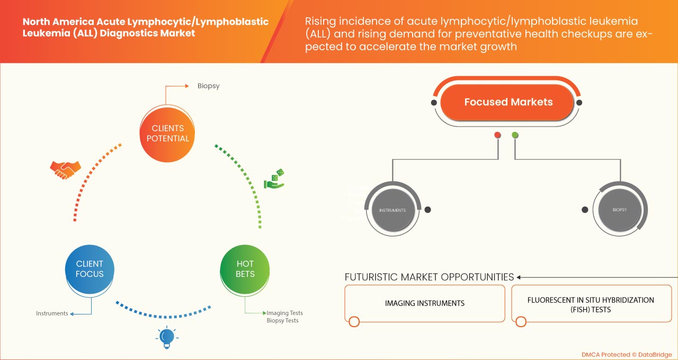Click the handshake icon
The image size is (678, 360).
pos(65,169)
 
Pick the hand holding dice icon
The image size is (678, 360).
pos(274,179)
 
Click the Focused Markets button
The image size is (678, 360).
pos(508,102)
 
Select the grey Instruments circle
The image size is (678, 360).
pos(392,210)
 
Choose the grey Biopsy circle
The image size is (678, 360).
pos(619,210)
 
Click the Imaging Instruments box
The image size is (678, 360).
pos(424,303)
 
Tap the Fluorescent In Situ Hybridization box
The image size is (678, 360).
pos(591,304)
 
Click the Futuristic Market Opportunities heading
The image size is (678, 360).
pos(429,277)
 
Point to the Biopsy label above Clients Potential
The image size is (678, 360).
pos(208,85)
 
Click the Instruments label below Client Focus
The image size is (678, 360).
pos(52,313)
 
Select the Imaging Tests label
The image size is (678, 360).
pos(284,313)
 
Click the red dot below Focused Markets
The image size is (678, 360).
pos(497,135)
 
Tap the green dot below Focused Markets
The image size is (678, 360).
pos(515,135)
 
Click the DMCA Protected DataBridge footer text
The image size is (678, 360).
pos(626,354)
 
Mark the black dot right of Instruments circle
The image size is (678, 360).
pos(427,210)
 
